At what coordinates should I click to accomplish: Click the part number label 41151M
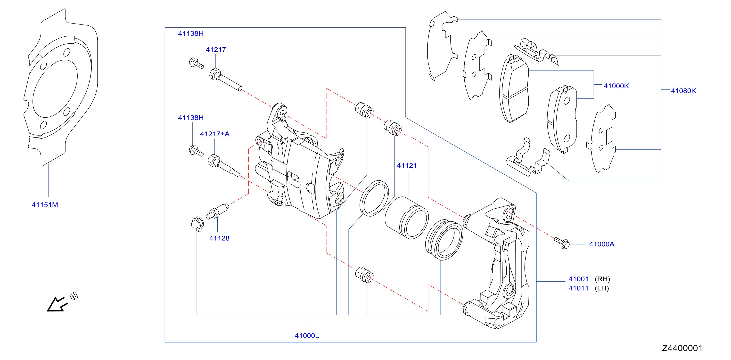point(45,205)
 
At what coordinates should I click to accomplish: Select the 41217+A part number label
point(214,134)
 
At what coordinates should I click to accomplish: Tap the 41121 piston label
point(407,165)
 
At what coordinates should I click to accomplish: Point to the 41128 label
point(219,238)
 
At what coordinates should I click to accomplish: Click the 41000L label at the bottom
point(307,335)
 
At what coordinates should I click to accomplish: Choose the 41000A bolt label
point(602,244)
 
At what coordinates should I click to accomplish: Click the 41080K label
point(683,91)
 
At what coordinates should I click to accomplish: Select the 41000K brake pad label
point(616,86)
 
